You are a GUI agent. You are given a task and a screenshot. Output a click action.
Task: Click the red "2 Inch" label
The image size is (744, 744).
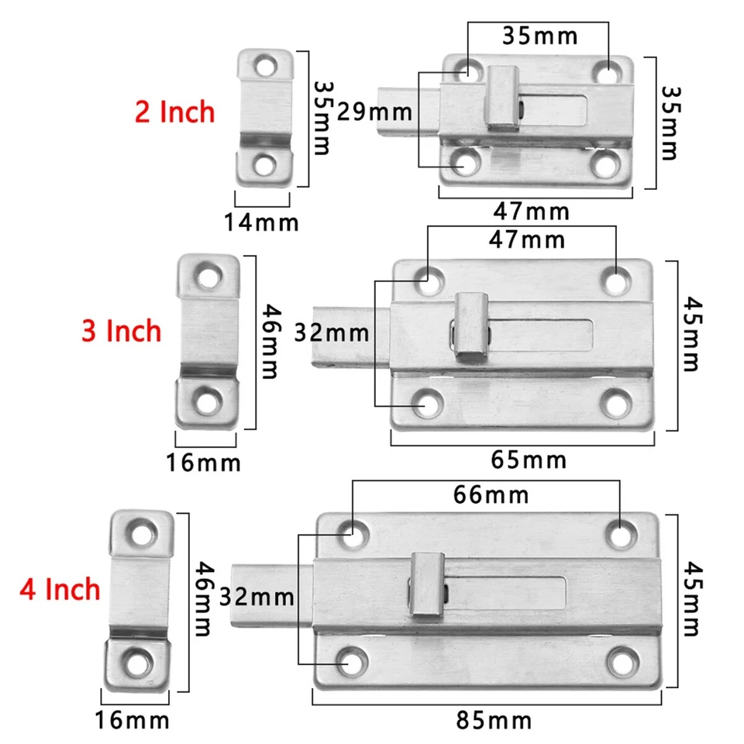[x=174, y=112]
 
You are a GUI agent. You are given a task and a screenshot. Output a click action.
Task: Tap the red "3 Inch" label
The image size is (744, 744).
[x=122, y=331]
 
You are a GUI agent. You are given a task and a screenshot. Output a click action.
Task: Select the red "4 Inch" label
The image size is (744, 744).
[x=60, y=589]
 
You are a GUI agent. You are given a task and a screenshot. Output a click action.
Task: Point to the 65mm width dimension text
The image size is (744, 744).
[x=529, y=460]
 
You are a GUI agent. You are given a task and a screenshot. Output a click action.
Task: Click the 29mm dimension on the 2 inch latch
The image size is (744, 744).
[x=375, y=112]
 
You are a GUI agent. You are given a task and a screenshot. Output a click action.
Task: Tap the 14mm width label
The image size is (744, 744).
[x=261, y=223]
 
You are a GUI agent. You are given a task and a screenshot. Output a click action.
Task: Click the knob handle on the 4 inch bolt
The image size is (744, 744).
[x=425, y=583]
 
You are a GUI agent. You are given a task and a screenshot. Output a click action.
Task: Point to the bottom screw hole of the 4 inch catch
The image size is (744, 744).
[x=140, y=662]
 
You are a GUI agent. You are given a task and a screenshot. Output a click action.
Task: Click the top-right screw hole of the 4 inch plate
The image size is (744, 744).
[x=618, y=534]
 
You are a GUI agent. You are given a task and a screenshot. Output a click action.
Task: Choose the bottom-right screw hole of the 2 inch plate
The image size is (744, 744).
[x=604, y=164]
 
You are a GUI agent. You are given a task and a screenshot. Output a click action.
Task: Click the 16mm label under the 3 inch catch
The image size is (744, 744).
[x=203, y=463]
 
